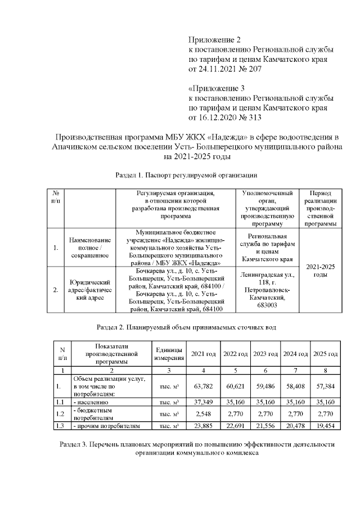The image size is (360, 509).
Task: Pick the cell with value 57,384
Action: point(325,386)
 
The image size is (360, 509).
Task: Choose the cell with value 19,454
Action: point(325,426)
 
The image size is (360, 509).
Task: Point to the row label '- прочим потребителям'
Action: point(106,426)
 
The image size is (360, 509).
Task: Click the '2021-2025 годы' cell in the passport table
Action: point(320,271)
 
